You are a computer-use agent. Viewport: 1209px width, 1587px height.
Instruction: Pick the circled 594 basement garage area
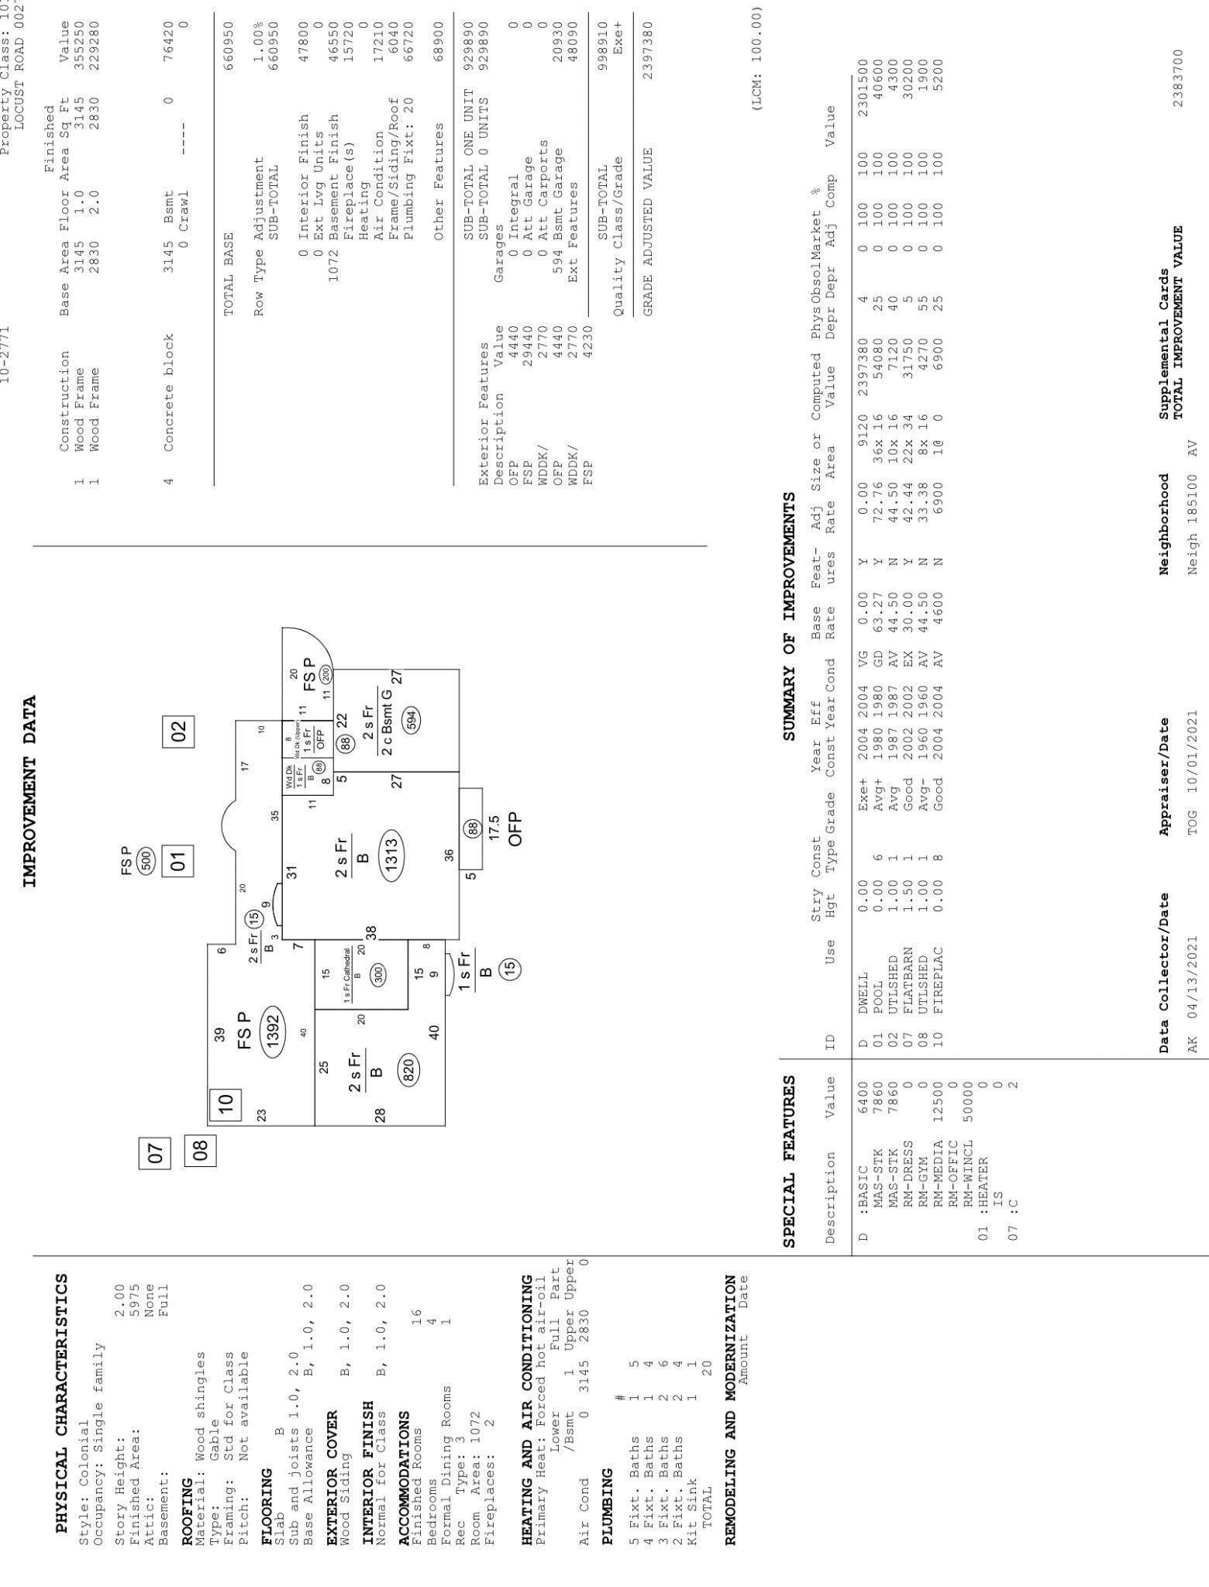pos(411,718)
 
